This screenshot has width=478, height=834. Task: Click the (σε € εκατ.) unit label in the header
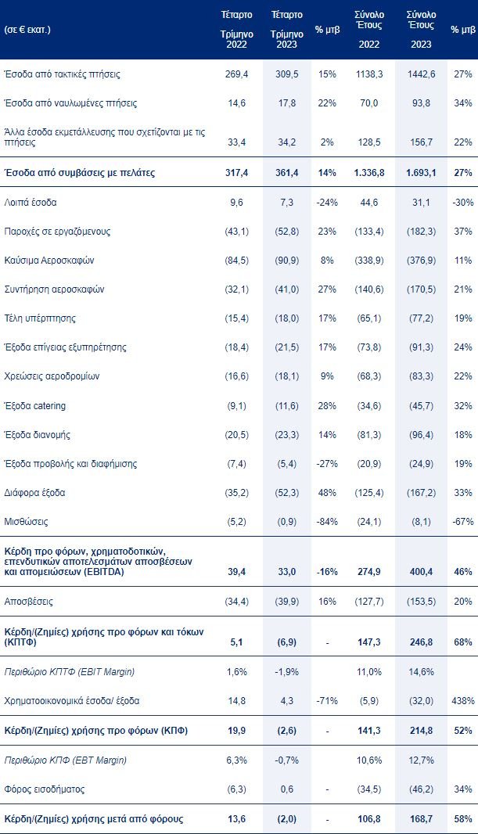tap(28, 29)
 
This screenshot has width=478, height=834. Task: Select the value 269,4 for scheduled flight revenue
tap(237, 74)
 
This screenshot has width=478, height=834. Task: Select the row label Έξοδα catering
tap(35, 405)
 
